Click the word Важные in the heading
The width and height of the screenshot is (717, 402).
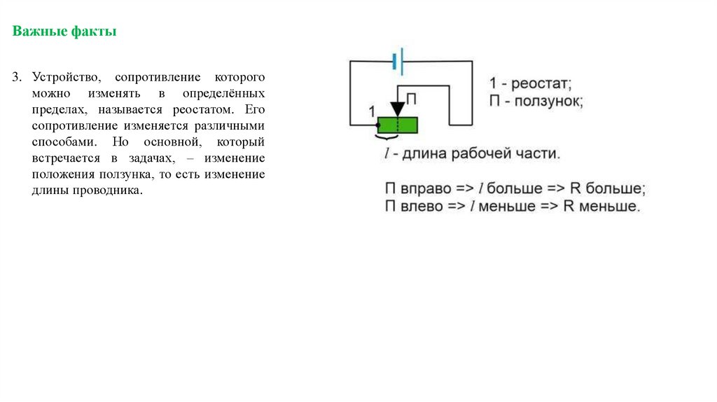[39, 32]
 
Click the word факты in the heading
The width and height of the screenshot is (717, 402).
[93, 32]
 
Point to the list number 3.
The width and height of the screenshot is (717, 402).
[15, 76]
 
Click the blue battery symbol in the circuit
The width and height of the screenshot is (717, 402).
[398, 61]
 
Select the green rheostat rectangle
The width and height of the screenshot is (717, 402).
[398, 125]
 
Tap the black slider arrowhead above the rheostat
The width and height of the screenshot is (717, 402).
[398, 109]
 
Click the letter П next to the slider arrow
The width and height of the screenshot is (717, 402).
[412, 99]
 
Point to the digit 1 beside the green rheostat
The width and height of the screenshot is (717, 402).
[372, 110]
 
